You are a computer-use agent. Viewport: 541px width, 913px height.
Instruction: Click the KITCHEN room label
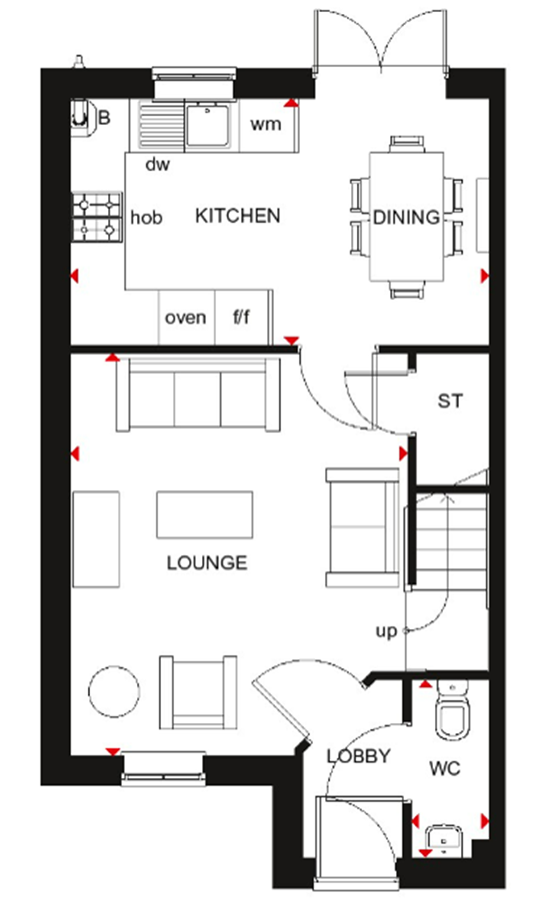[x=237, y=216]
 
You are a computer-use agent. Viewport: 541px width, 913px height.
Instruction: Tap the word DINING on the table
[x=406, y=217]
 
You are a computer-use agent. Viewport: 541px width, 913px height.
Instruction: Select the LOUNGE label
[x=207, y=563]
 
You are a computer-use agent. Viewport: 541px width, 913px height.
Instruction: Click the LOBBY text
[x=358, y=756]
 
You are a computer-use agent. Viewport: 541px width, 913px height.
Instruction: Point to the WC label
[x=445, y=768]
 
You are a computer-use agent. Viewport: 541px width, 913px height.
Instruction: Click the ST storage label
[x=450, y=401]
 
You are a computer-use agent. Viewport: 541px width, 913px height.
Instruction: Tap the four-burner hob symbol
[x=97, y=217]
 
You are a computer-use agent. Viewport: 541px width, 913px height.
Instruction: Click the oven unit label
[x=185, y=318]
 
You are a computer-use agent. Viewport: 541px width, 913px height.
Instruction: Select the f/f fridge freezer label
[x=241, y=317]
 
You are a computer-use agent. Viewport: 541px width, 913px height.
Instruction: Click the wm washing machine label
[x=265, y=125]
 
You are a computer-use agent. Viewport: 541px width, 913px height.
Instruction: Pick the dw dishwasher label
[x=157, y=165]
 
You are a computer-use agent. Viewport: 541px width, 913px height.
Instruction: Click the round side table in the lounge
[x=114, y=691]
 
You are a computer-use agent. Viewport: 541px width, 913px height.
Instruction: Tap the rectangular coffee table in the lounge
[x=204, y=515]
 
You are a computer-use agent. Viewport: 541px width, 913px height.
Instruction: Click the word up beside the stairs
[x=386, y=631]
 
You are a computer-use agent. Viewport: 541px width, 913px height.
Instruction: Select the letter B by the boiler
[x=105, y=117]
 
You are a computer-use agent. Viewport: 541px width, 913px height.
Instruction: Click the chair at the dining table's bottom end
[x=407, y=290]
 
